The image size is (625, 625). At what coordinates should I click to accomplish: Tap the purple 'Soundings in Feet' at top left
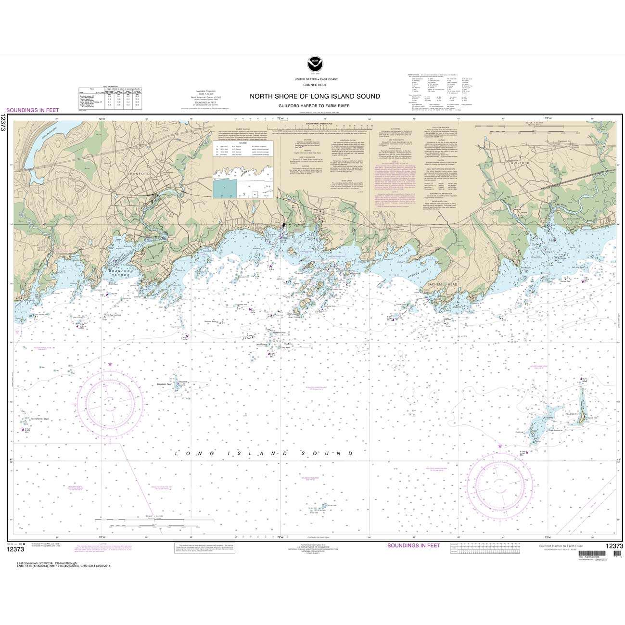[x=32, y=110]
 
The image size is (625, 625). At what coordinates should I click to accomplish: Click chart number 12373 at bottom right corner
[x=608, y=546]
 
